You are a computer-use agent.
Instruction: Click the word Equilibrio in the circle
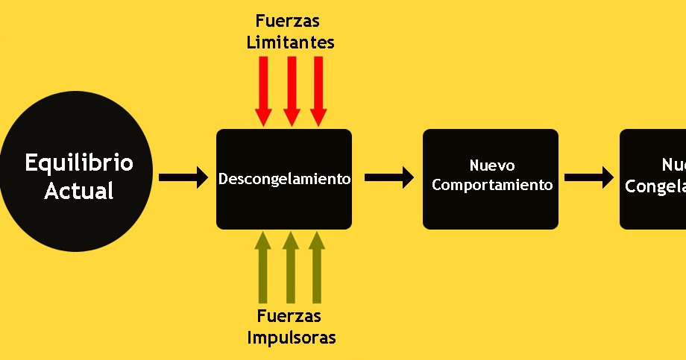[x=79, y=163]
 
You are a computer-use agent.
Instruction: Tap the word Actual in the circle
[x=79, y=191]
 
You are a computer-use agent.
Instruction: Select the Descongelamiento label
[x=284, y=180]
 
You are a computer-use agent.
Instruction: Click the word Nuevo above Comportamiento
[x=492, y=165]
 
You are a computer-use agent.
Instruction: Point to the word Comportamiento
[x=492, y=185]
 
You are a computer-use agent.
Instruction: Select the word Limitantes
[x=290, y=42]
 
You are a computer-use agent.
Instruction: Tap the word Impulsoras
[x=292, y=338]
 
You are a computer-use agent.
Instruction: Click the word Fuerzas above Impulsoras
[x=289, y=316]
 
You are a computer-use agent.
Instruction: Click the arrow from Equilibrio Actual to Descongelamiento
[x=183, y=177]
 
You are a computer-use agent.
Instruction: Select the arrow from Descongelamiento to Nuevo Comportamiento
[x=389, y=177]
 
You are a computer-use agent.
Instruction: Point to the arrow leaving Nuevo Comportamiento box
[x=588, y=177]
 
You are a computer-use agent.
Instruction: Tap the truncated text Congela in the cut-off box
[x=655, y=186]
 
